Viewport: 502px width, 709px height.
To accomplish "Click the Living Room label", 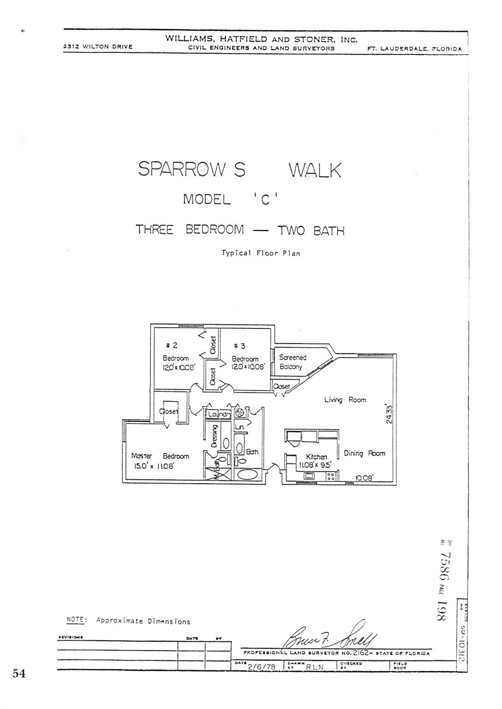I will tap(345, 400).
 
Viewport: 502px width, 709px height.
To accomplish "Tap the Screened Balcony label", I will tap(292, 362).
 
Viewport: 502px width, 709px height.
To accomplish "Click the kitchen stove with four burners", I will tap(330, 476).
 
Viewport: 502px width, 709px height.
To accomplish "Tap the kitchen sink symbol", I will tap(309, 475).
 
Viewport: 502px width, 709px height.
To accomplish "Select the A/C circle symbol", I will tap(239, 412).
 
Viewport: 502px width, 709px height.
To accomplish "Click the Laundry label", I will tap(219, 415).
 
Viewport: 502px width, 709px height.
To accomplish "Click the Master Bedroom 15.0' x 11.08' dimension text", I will tap(154, 466).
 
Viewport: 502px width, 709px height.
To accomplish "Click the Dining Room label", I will tap(364, 453).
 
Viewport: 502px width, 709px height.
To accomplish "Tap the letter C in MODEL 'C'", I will tap(265, 200).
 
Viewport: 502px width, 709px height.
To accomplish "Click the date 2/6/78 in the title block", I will tap(261, 667).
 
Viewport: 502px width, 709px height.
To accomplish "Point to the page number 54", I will tap(19, 673).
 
